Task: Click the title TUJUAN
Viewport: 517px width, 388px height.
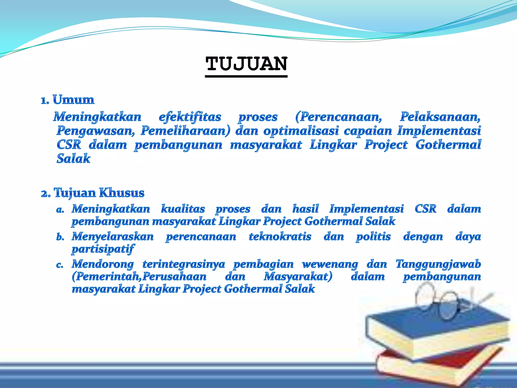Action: click(x=246, y=64)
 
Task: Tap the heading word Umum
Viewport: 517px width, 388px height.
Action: click(x=73, y=100)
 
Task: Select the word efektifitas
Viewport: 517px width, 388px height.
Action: click(x=190, y=117)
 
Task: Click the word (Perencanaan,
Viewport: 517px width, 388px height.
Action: click(x=339, y=117)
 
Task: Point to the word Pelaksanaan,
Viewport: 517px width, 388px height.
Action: click(x=440, y=117)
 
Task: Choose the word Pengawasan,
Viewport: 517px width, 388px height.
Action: click(x=96, y=131)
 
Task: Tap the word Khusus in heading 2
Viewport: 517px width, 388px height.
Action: click(x=121, y=193)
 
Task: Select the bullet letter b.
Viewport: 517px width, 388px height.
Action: click(x=60, y=237)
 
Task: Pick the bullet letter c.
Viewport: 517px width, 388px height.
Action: click(x=60, y=265)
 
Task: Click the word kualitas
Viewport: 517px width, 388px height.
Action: click(x=183, y=209)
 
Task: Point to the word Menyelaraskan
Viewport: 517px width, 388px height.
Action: click(x=113, y=237)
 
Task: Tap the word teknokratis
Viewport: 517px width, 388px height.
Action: click(x=280, y=237)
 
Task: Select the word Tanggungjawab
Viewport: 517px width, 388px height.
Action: click(x=438, y=264)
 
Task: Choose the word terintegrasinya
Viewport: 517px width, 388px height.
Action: click(x=184, y=264)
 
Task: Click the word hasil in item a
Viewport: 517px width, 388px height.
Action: click(x=305, y=209)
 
